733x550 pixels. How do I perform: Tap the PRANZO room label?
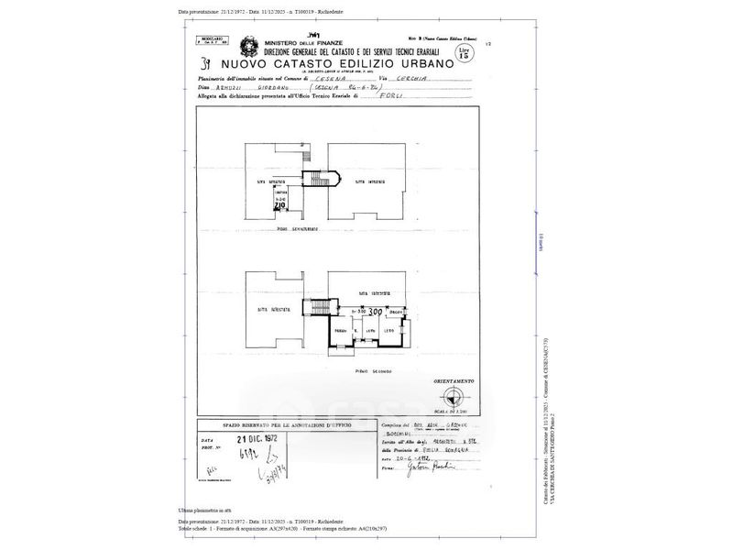click(339, 329)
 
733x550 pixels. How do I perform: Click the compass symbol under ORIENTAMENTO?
click(453, 395)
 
